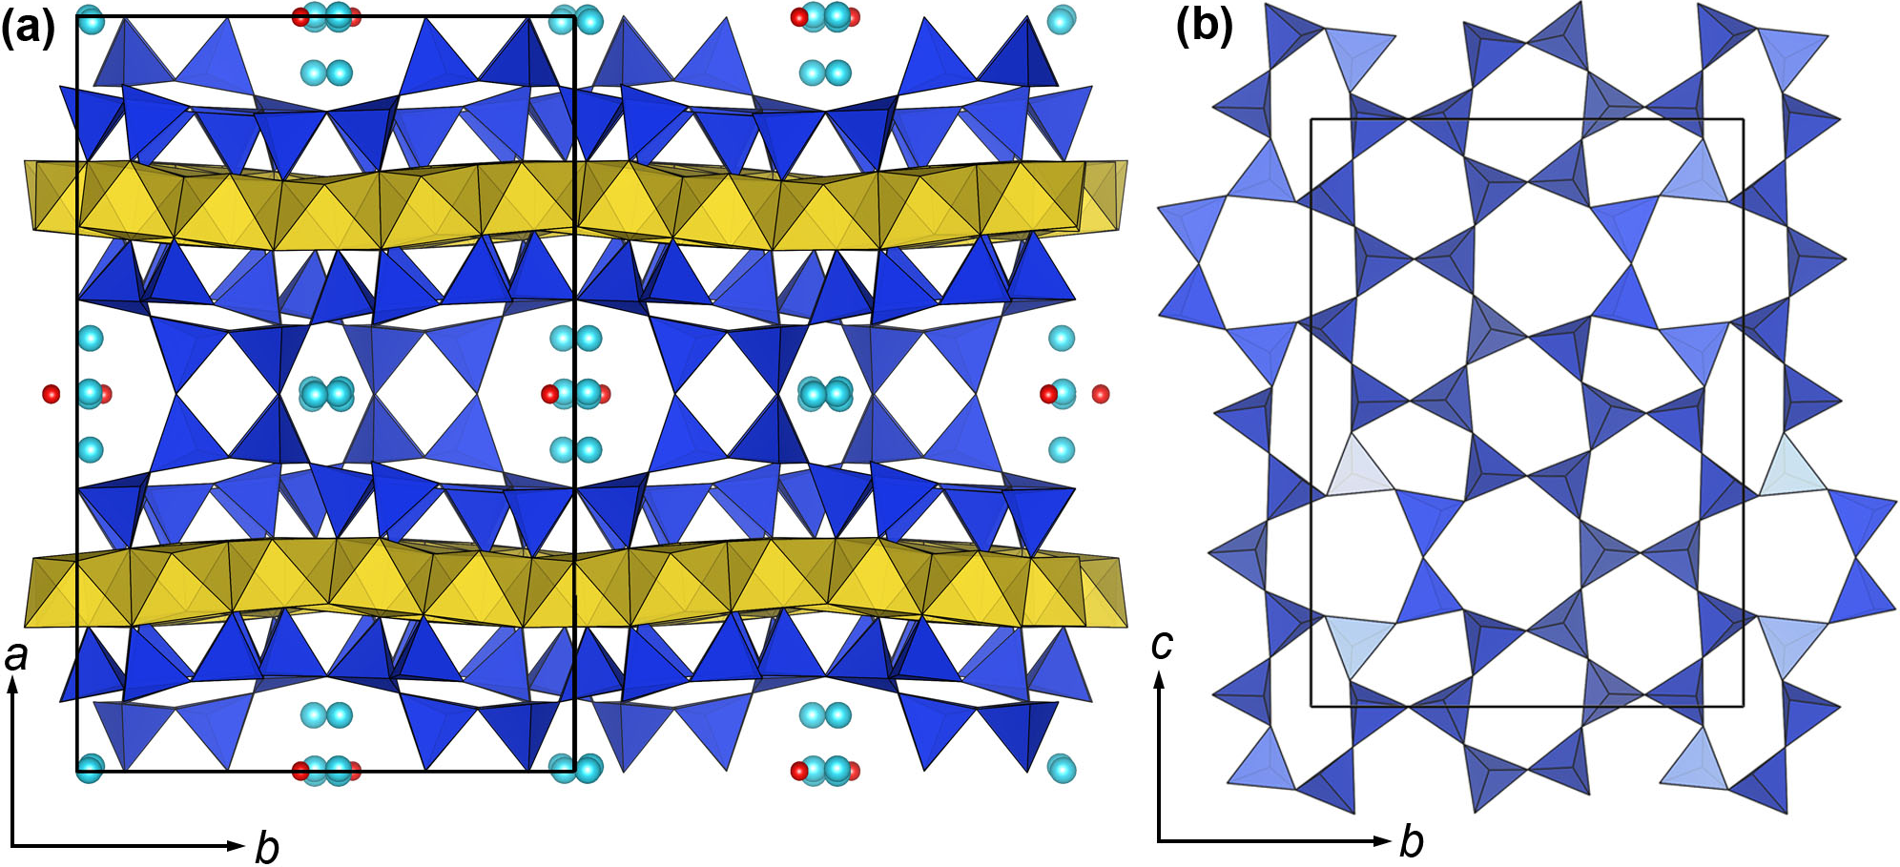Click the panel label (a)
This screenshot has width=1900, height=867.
click(27, 29)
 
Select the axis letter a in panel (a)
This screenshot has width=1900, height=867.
click(16, 655)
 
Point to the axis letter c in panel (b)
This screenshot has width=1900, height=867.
click(1161, 645)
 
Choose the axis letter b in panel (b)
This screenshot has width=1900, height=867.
click(1411, 842)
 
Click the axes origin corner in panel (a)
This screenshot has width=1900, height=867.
click(13, 845)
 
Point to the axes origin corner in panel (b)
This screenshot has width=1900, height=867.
click(1159, 841)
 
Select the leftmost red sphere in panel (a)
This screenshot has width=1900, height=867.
click(52, 394)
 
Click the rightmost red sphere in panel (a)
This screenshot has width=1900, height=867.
click(1101, 393)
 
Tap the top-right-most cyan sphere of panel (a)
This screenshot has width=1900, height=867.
click(1061, 19)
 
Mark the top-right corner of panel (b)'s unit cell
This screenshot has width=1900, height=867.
click(1743, 119)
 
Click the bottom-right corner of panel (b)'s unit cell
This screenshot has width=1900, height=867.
click(1743, 707)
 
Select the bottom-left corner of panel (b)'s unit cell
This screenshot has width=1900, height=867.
click(1311, 707)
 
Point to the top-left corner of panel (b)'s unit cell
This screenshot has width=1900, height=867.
click(1311, 119)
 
